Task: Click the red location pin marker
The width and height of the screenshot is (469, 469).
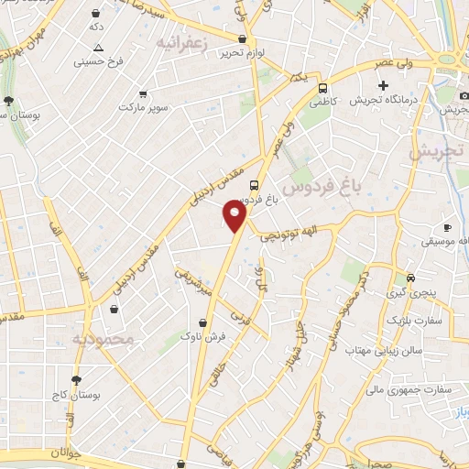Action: [x=235, y=215]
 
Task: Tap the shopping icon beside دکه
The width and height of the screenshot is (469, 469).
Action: [x=96, y=14]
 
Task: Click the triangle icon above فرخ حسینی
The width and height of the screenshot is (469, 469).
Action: [x=98, y=48]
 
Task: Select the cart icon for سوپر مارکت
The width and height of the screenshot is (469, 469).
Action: [x=143, y=93]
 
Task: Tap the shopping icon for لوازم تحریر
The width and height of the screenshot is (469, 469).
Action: [x=242, y=39]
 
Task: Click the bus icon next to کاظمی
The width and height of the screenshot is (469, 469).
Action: [x=322, y=89]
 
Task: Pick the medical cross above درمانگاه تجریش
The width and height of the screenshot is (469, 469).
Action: [x=383, y=85]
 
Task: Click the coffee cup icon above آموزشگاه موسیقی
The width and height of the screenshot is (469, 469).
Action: [x=447, y=226]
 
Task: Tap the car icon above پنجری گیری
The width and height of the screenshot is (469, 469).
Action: [x=410, y=278]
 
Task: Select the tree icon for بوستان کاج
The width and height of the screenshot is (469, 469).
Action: [x=75, y=378]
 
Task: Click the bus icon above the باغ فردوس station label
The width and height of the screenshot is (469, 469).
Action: [x=255, y=183]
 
